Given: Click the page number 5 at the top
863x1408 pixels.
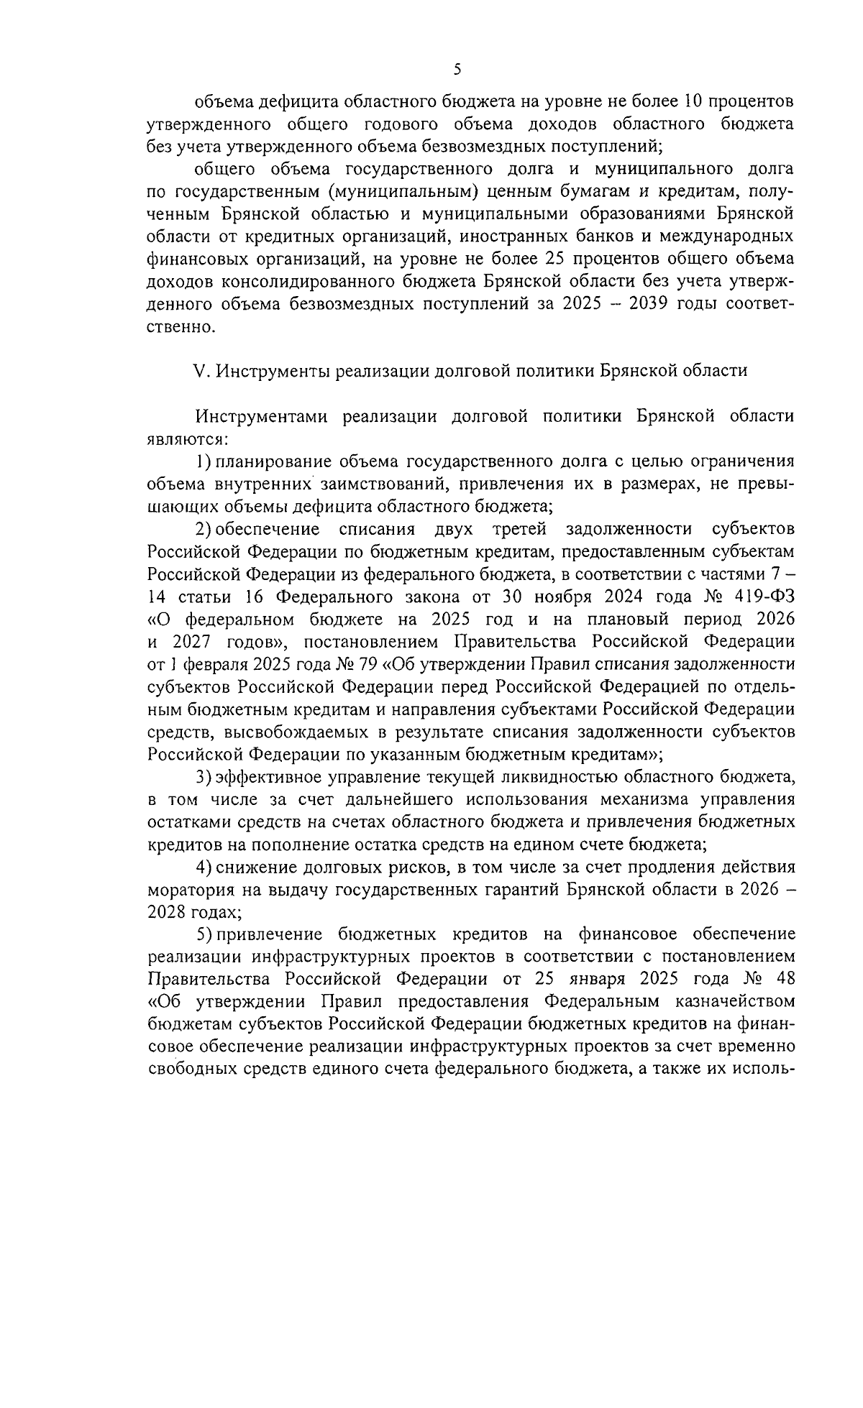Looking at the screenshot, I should tap(457, 70).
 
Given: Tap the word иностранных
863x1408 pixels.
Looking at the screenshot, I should tap(513, 236).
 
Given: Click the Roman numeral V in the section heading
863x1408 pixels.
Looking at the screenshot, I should tap(200, 371).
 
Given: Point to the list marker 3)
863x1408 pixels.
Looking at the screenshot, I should tap(204, 777).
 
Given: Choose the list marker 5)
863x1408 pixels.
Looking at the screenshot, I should tap(204, 934).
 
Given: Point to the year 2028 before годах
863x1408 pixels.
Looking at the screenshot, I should tap(167, 912).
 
